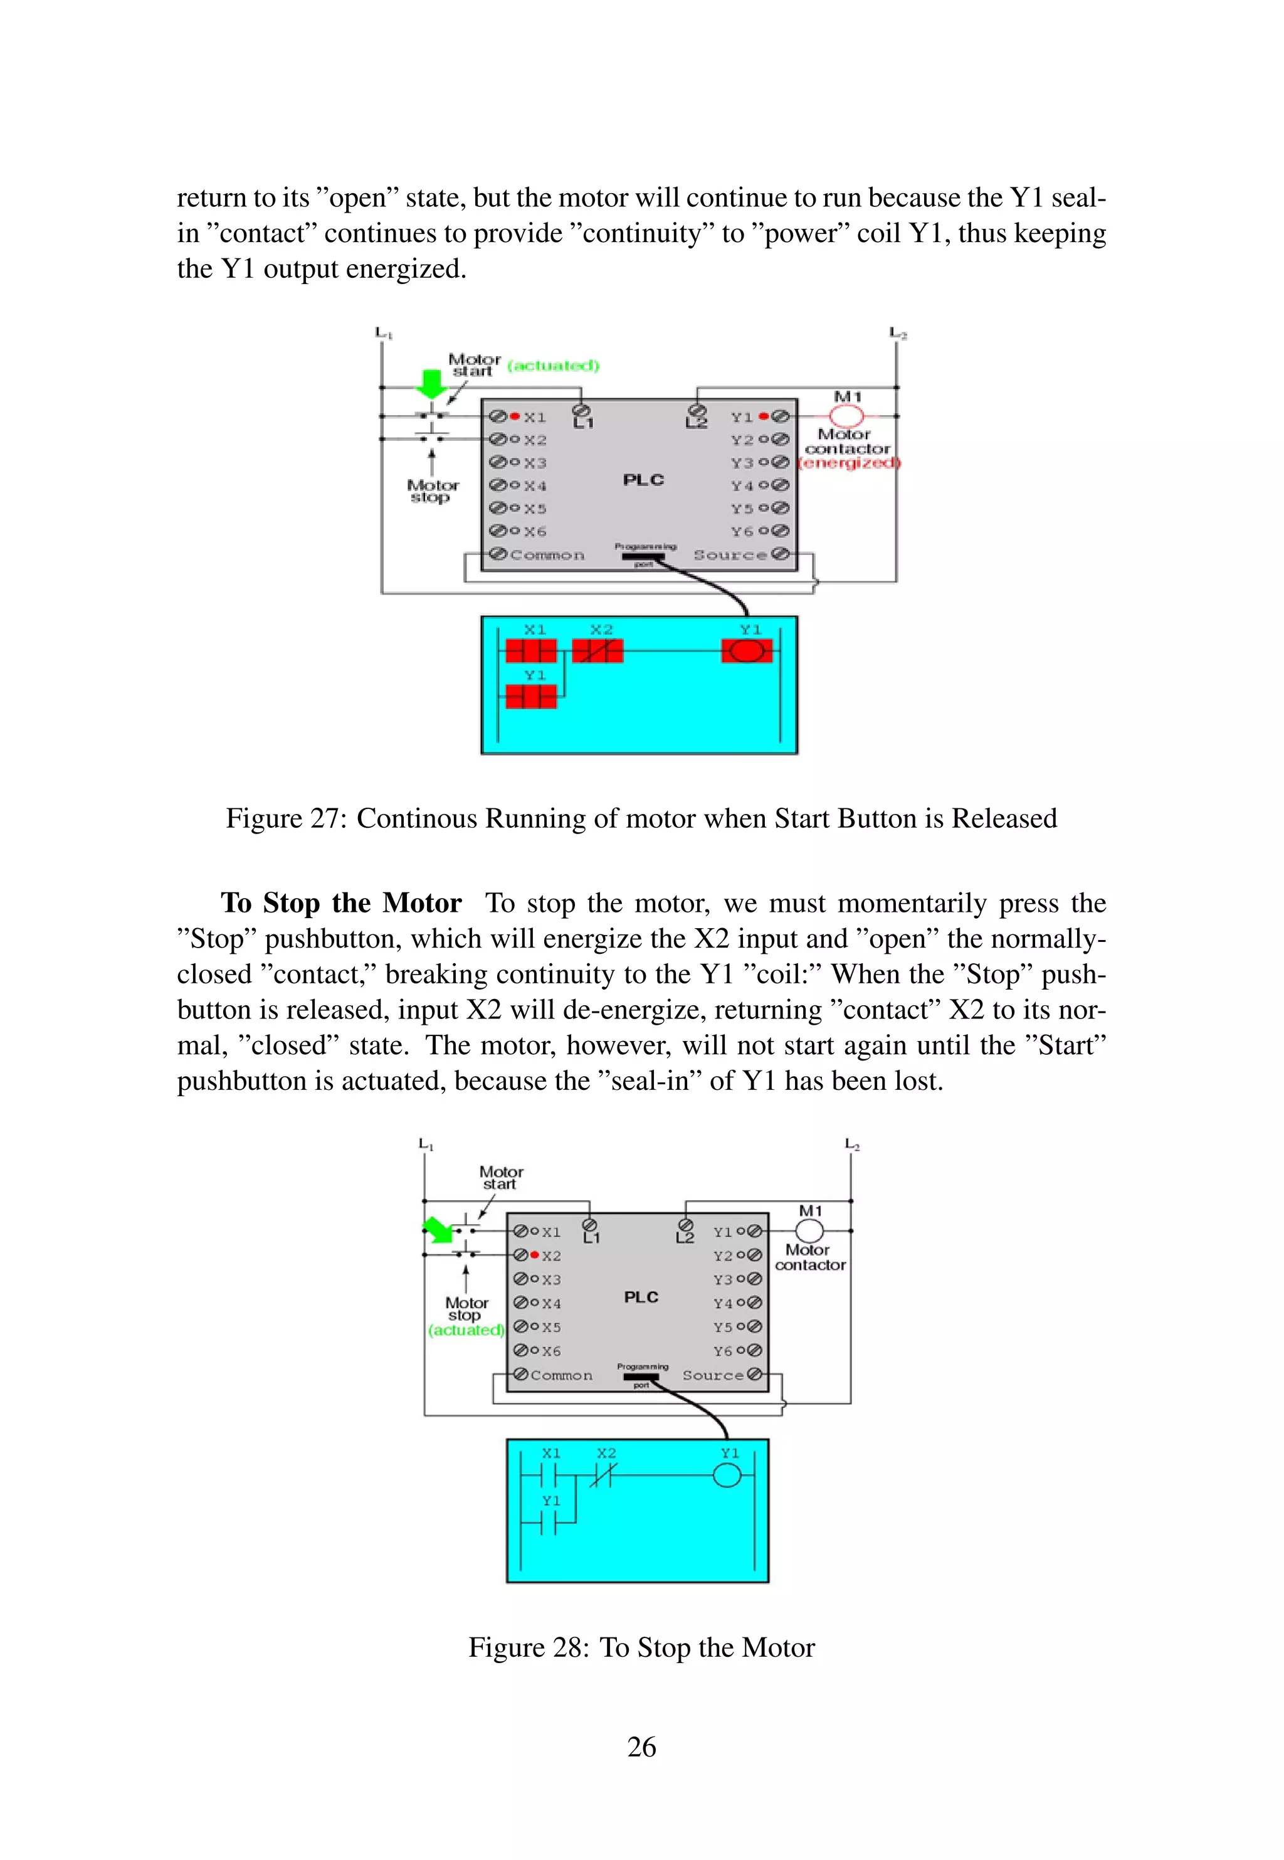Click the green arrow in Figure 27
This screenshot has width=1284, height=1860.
(432, 383)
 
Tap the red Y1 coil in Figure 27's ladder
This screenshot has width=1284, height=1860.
(747, 651)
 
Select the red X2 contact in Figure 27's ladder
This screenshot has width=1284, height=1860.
(597, 651)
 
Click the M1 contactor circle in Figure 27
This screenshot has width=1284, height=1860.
(846, 416)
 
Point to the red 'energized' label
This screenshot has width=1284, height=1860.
(850, 463)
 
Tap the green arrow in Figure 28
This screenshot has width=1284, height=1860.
(437, 1229)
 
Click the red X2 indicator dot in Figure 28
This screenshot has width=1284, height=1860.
(534, 1255)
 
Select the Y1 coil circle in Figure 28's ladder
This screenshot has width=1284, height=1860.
(727, 1476)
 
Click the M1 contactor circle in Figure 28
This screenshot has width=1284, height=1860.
(809, 1231)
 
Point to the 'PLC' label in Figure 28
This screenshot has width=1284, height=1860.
(641, 1297)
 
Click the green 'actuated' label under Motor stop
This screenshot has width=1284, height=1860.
(466, 1330)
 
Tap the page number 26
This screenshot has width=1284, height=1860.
(641, 1746)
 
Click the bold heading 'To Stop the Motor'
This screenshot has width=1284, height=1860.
(341, 902)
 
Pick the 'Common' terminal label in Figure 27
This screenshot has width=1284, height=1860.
(547, 555)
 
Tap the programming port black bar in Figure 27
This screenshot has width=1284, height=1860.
(643, 556)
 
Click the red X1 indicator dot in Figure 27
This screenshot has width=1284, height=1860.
(515, 416)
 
